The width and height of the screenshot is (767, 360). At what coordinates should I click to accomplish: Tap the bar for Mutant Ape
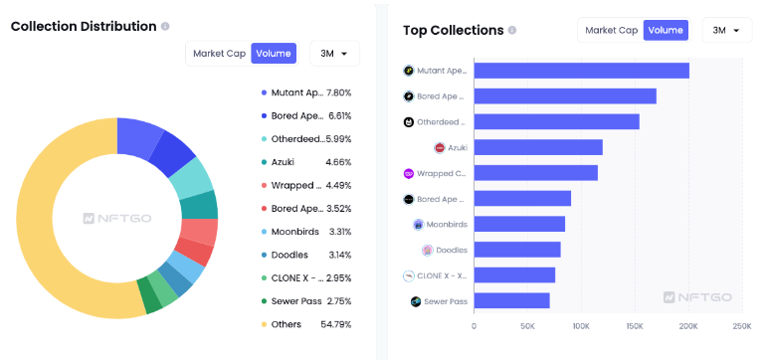pyautogui.click(x=581, y=71)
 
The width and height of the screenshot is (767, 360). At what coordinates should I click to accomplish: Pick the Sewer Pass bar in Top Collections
pyautogui.click(x=511, y=300)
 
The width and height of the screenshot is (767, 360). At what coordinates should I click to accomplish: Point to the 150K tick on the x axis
pyautogui.click(x=635, y=325)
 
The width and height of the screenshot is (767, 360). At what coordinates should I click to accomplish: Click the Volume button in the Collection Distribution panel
pyautogui.click(x=274, y=54)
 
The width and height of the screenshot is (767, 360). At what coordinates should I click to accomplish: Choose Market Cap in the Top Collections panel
pyautogui.click(x=611, y=30)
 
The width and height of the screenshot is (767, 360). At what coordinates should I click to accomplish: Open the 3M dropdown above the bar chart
pyautogui.click(x=726, y=30)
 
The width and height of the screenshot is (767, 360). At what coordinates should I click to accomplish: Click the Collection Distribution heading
pyautogui.click(x=84, y=26)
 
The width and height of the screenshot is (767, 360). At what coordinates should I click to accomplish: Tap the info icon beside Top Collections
pyautogui.click(x=512, y=30)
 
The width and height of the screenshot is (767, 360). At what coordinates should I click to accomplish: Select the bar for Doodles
pyautogui.click(x=516, y=250)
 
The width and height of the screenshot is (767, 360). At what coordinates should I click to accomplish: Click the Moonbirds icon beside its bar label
pyautogui.click(x=418, y=224)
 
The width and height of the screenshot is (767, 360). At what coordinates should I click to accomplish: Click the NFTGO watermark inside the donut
pyautogui.click(x=117, y=218)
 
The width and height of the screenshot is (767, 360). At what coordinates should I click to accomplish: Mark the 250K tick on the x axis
pyautogui.click(x=741, y=325)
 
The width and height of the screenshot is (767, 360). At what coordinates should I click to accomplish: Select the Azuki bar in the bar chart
pyautogui.click(x=538, y=147)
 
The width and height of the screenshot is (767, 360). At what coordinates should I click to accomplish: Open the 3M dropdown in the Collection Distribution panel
pyautogui.click(x=334, y=54)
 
